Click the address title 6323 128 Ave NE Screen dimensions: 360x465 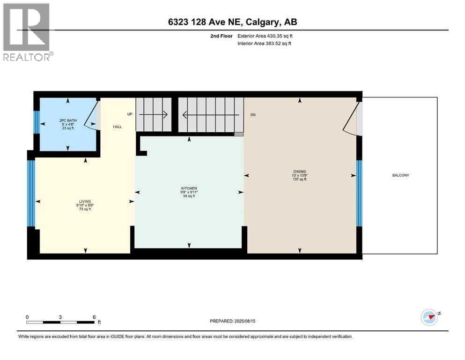tap(232, 22)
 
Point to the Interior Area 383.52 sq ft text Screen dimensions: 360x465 tap(264, 44)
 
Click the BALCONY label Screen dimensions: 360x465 tap(400, 176)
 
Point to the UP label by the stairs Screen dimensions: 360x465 tap(130, 114)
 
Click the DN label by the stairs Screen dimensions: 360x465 tap(253, 114)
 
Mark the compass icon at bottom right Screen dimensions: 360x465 tap(429, 317)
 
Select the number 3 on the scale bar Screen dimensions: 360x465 tap(60, 317)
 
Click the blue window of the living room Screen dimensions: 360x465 tap(31, 193)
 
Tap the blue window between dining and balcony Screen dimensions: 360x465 tap(359, 193)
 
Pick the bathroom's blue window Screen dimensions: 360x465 tap(36, 122)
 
